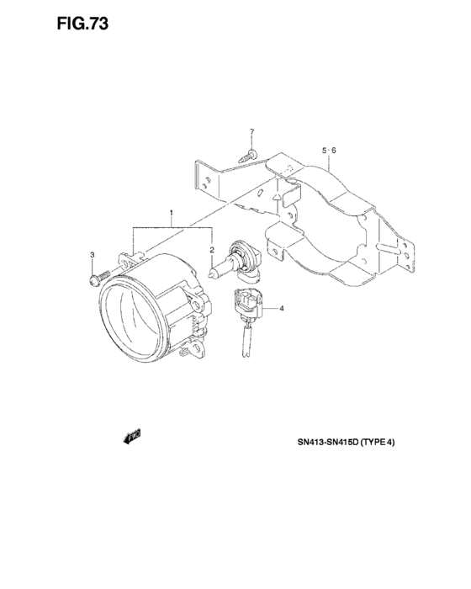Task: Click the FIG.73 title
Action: coord(82,24)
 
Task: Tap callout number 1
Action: coord(172,213)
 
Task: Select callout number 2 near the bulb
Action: coord(212,250)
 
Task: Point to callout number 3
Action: coord(92,255)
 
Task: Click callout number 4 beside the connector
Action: coord(282,309)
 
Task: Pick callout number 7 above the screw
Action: coord(252,131)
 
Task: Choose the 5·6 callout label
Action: coord(329,151)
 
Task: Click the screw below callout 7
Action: coord(248,156)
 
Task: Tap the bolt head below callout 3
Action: coord(93,280)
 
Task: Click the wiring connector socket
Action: coord(247,300)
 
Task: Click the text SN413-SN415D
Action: coord(328,442)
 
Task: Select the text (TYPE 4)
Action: coord(378,442)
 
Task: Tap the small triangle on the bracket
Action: coord(277,196)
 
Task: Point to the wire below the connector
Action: coord(246,340)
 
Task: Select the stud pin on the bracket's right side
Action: coord(387,248)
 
